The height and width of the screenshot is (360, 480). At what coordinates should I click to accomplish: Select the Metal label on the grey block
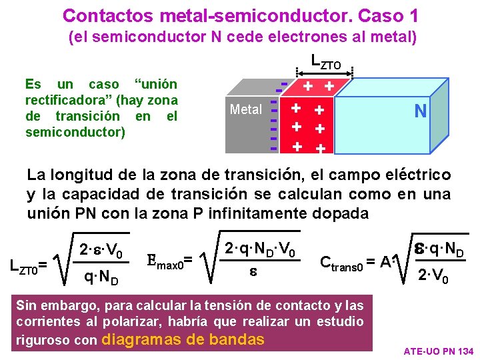click(x=245, y=109)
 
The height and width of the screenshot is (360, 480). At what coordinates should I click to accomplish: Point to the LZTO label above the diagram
click(x=325, y=61)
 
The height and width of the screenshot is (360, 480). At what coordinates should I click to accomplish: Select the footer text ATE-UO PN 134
click(x=439, y=351)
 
